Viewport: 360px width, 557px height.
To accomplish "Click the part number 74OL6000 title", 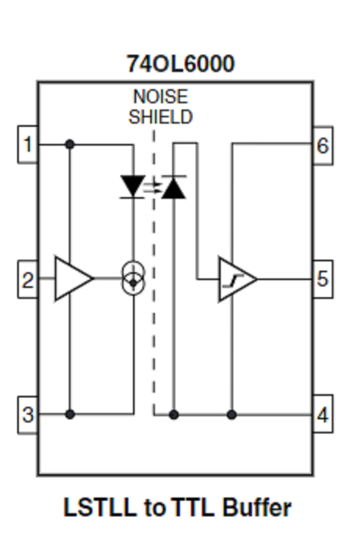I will point(180,64).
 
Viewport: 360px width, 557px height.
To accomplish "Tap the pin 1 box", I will point(28,144).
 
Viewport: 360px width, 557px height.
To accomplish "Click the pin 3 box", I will point(28,415).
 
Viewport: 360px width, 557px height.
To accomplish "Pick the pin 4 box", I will point(323,415).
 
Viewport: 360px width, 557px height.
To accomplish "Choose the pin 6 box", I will point(323,146).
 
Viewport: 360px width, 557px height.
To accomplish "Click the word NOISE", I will point(160,97).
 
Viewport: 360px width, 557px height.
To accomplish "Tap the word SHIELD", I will point(160,117).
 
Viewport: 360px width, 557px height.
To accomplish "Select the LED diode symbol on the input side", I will point(134,186).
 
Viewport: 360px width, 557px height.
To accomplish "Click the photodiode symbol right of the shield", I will point(173,188).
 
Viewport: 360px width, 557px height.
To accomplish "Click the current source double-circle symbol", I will point(134,277).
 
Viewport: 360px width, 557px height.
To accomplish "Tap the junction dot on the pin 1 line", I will point(69,144).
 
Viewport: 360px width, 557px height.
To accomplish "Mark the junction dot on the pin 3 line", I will point(69,415).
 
